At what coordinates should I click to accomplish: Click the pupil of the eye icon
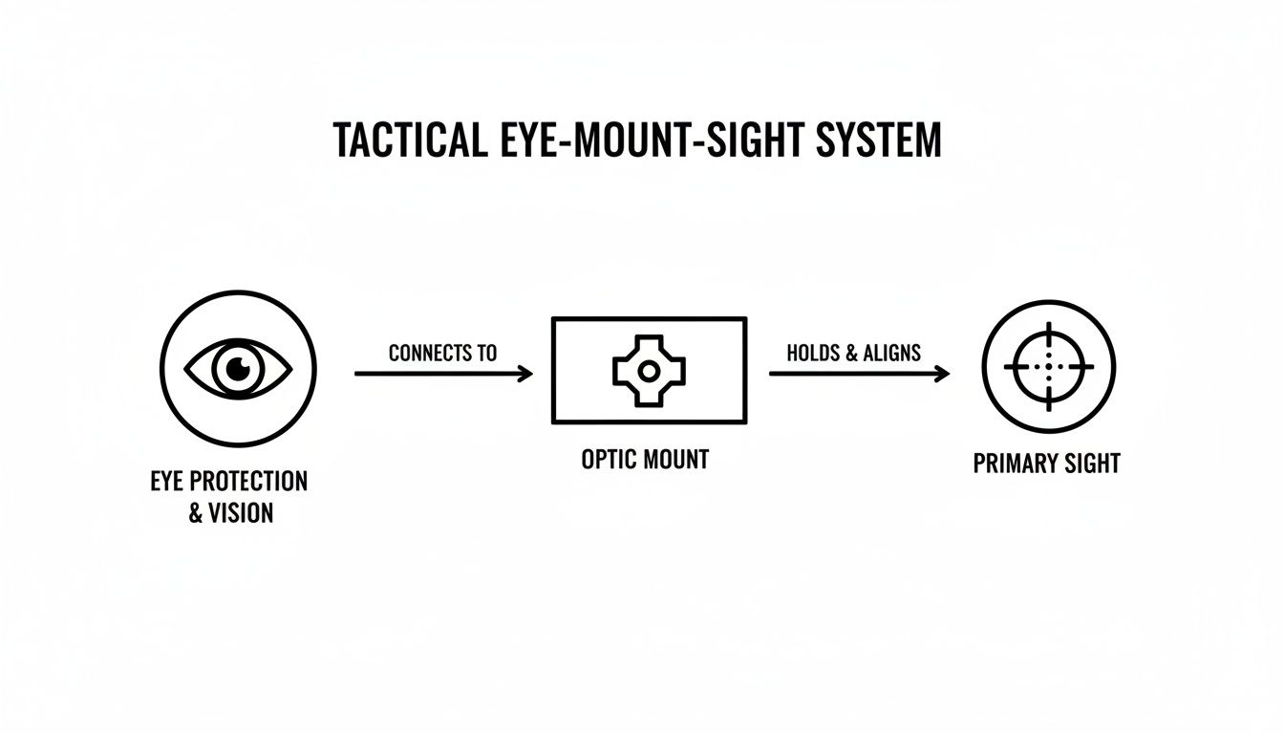pos(237,368)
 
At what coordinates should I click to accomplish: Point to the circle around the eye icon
pos(238,294)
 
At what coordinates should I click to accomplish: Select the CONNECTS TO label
pos(442,353)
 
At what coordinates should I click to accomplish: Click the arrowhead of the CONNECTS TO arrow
pos(524,374)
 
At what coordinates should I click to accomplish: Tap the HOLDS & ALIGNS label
pos(853,353)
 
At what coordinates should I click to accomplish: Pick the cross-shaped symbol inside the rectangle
pos(649,370)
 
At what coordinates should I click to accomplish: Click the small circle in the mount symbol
pos(649,370)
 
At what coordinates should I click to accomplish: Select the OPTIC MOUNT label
pos(645,460)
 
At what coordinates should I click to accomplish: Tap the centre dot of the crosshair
pos(1048,367)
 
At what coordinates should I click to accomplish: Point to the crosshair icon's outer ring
pos(1048,304)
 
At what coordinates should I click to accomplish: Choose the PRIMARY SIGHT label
pos(1046,464)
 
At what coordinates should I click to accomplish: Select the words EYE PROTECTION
pos(229,480)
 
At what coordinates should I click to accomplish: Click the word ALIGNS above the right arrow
pos(891,353)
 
